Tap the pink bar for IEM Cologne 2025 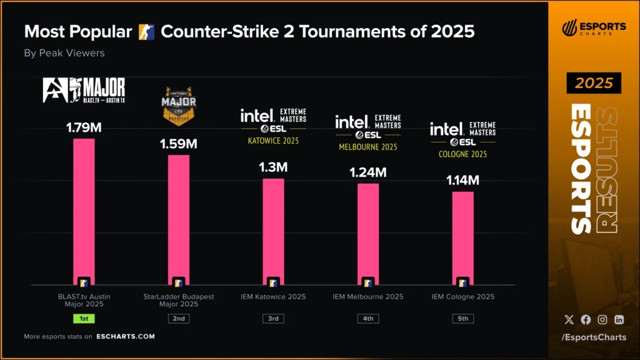pyautogui.click(x=462, y=237)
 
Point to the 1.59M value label pyautogui.click(x=179, y=144)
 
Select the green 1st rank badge pyautogui.click(x=84, y=318)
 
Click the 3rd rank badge pyautogui.click(x=273, y=318)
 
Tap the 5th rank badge pyautogui.click(x=462, y=318)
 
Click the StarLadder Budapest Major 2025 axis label pyautogui.click(x=179, y=300)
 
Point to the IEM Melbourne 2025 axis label pyautogui.click(x=367, y=296)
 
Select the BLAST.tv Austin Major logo pyautogui.click(x=84, y=90)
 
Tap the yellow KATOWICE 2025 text pyautogui.click(x=273, y=141)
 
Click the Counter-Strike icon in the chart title pyautogui.click(x=146, y=31)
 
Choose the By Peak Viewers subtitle pyautogui.click(x=64, y=53)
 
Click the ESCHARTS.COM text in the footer pyautogui.click(x=126, y=336)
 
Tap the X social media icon pyautogui.click(x=569, y=319)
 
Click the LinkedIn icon pyautogui.click(x=619, y=319)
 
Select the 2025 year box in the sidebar pyautogui.click(x=594, y=83)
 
